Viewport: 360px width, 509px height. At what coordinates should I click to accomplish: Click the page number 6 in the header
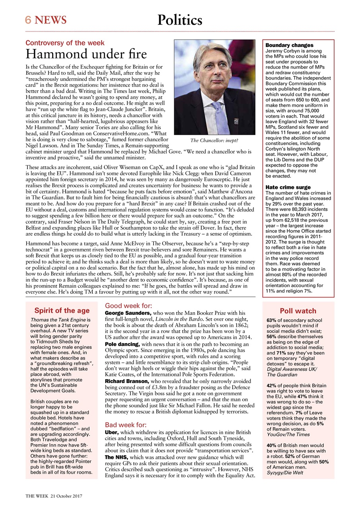click(28, 20)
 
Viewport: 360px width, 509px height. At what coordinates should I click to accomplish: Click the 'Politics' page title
click(179, 20)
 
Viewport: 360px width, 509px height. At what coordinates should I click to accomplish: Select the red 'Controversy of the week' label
click(65, 43)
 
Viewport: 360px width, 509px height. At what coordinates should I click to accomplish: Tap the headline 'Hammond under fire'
click(86, 54)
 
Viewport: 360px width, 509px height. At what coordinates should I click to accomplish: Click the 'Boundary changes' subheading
click(289, 45)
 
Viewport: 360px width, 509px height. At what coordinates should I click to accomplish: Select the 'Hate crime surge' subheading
click(288, 187)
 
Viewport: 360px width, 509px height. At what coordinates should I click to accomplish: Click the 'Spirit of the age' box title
click(62, 311)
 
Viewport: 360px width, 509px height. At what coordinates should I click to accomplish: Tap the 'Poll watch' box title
click(298, 311)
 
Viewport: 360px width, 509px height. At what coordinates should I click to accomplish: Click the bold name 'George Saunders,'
click(128, 313)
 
